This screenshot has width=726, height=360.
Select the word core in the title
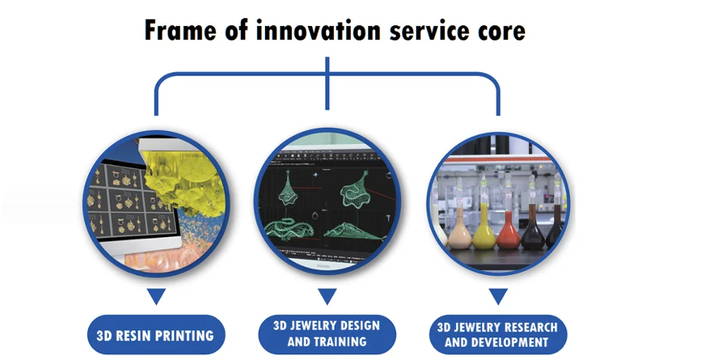494,31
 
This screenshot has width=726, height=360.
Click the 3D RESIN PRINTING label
155,335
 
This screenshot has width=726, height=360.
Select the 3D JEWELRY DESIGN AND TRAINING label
327,333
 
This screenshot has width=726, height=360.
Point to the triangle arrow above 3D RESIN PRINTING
156,296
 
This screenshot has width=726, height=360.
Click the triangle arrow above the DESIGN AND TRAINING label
327,296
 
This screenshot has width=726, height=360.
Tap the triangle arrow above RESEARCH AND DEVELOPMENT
497,296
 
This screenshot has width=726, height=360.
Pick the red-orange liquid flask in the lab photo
507,231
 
